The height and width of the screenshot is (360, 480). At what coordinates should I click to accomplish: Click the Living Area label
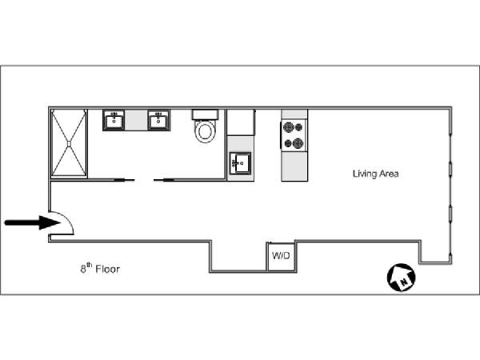pyautogui.click(x=376, y=174)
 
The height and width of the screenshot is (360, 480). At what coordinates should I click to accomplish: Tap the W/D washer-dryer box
pyautogui.click(x=281, y=256)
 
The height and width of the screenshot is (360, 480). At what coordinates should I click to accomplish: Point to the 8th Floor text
pyautogui.click(x=100, y=268)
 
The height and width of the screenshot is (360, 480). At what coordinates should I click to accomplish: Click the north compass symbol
pyautogui.click(x=402, y=278)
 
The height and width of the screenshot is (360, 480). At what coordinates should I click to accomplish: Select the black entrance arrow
pyautogui.click(x=32, y=222)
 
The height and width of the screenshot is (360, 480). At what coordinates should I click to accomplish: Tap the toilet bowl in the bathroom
pyautogui.click(x=205, y=132)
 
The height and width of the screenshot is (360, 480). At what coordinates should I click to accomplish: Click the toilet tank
pyautogui.click(x=205, y=114)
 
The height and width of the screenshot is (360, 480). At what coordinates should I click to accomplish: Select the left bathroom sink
pyautogui.click(x=114, y=120)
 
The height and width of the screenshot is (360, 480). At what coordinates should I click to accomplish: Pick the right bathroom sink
pyautogui.click(x=159, y=120)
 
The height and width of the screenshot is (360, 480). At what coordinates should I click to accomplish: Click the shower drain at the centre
pyautogui.click(x=69, y=144)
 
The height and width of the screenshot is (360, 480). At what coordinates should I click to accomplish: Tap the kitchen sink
pyautogui.click(x=241, y=163)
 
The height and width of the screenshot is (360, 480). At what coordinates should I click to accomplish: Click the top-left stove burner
pyautogui.click(x=288, y=126)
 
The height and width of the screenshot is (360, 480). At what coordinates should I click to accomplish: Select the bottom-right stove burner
pyautogui.click(x=298, y=143)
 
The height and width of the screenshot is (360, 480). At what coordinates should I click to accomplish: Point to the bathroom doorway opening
pyautogui.click(x=144, y=180)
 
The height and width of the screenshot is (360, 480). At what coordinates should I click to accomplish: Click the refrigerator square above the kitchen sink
pyautogui.click(x=241, y=122)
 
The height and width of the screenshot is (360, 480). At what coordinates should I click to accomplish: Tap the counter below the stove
pyautogui.click(x=294, y=166)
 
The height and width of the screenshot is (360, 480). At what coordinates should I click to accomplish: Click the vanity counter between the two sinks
pyautogui.click(x=136, y=120)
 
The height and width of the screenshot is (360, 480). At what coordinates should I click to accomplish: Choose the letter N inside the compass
pyautogui.click(x=405, y=282)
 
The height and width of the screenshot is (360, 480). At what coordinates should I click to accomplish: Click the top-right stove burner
pyautogui.click(x=298, y=126)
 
